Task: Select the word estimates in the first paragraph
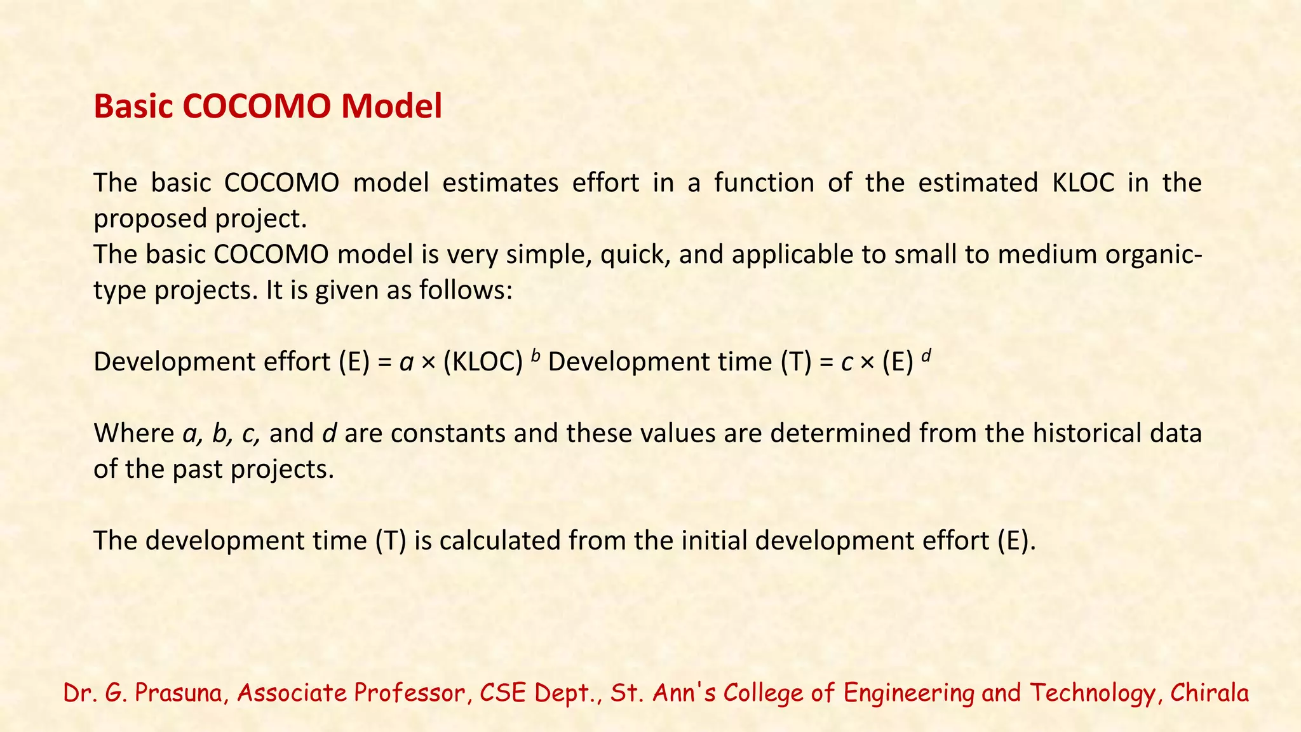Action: [500, 183]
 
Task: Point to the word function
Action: [764, 183]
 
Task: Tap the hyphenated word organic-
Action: [1153, 255]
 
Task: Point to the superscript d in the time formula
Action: [926, 356]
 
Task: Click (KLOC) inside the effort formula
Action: [483, 362]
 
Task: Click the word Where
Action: [133, 433]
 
